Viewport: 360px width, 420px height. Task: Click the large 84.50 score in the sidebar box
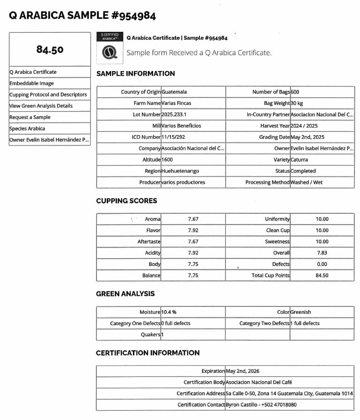pos(50,50)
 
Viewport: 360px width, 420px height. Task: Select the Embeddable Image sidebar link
pos(32,83)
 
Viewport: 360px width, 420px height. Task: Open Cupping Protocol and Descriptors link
pos(48,94)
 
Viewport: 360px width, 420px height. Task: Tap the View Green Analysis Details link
pos(41,106)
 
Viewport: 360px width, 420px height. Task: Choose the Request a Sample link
pos(30,117)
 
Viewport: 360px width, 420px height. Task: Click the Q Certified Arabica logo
pos(110,47)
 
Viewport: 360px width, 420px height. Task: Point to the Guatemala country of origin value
pos(174,92)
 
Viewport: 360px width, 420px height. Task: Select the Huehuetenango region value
pos(181,171)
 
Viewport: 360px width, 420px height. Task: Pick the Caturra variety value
pos(299,160)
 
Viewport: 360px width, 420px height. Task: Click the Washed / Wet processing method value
pos(307,182)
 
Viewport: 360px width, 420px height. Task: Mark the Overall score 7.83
pos(322,253)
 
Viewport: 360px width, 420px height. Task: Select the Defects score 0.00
pos(322,264)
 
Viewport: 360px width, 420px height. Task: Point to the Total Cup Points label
pos(271,275)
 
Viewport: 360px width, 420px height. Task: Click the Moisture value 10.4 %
pos(169,312)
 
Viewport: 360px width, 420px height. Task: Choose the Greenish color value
pos(301,312)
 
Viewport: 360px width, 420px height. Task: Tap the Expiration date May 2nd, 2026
pos(242,371)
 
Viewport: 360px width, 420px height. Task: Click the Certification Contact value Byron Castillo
pos(261,405)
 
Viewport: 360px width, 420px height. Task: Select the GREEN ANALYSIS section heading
pos(125,294)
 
